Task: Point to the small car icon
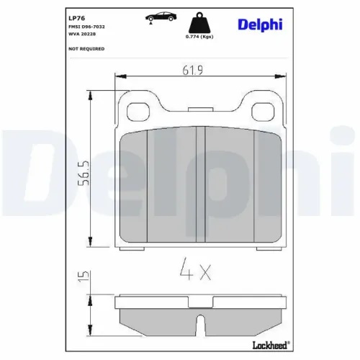[158, 18]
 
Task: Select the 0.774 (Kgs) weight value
[199, 36]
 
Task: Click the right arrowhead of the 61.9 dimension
[261, 75]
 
